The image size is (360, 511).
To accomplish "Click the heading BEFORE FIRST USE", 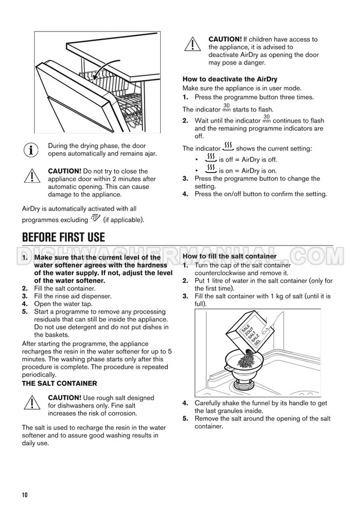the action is [63, 237].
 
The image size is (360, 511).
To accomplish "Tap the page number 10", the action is [25, 495].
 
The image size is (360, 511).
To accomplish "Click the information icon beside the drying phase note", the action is [31, 150].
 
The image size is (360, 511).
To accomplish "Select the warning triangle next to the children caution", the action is [193, 44].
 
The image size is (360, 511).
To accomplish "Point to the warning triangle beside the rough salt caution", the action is [32, 402].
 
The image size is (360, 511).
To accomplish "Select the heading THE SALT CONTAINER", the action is [59, 383].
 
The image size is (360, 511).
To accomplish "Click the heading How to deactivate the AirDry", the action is [230, 79].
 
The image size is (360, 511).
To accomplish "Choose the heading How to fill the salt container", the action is [229, 256].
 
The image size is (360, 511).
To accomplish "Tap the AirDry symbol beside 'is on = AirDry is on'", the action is [211, 168].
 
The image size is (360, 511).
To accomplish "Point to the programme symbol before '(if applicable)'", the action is [96, 218].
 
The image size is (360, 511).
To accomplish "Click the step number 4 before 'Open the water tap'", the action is [25, 304].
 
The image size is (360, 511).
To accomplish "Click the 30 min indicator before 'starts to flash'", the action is [226, 108].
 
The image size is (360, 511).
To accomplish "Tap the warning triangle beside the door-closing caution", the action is [32, 176].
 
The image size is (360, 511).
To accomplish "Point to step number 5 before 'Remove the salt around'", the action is [185, 419].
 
